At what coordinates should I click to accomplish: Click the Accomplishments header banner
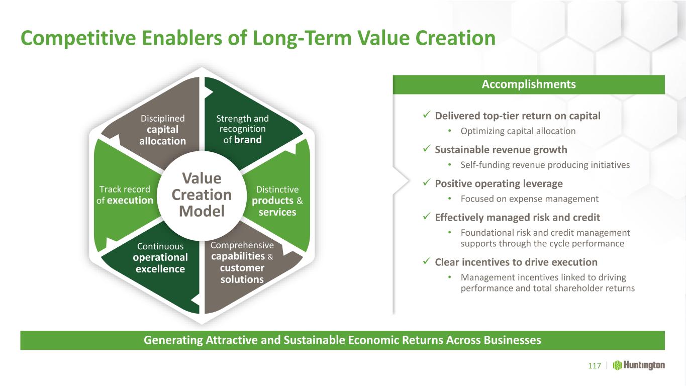(x=529, y=84)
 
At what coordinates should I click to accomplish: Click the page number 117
(x=595, y=366)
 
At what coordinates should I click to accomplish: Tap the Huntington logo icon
(x=617, y=365)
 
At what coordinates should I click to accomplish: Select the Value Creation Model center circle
(x=202, y=196)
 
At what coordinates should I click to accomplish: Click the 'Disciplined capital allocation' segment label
(x=163, y=130)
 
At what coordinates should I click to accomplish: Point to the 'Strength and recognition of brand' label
(x=242, y=129)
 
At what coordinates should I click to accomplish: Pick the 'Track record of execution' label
(x=125, y=195)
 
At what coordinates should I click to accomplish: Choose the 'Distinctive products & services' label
(x=277, y=201)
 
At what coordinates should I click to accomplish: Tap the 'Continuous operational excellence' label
(x=160, y=258)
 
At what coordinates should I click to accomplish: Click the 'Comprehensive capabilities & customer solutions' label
(x=242, y=262)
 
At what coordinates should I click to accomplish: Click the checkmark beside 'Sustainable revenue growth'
(x=427, y=149)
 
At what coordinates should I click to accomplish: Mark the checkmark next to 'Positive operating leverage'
(x=427, y=182)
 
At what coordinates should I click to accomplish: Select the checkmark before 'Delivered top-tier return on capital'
(x=427, y=115)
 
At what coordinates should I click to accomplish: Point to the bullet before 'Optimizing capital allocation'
(x=450, y=131)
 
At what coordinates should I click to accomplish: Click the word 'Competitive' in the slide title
(x=78, y=39)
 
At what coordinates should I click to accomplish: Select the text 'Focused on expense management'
(x=530, y=199)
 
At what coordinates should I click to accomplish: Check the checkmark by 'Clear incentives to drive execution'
(x=427, y=261)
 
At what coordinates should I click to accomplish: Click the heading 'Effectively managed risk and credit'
(x=517, y=218)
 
